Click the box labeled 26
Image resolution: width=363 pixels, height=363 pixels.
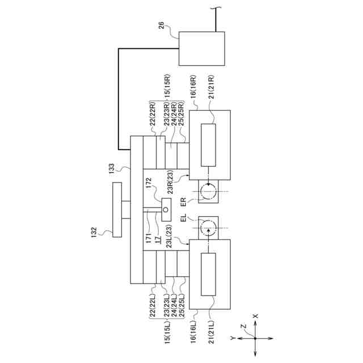(x=201, y=48)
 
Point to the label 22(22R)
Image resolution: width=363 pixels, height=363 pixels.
(x=152, y=114)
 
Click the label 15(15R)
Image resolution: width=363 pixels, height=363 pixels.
(x=167, y=88)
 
